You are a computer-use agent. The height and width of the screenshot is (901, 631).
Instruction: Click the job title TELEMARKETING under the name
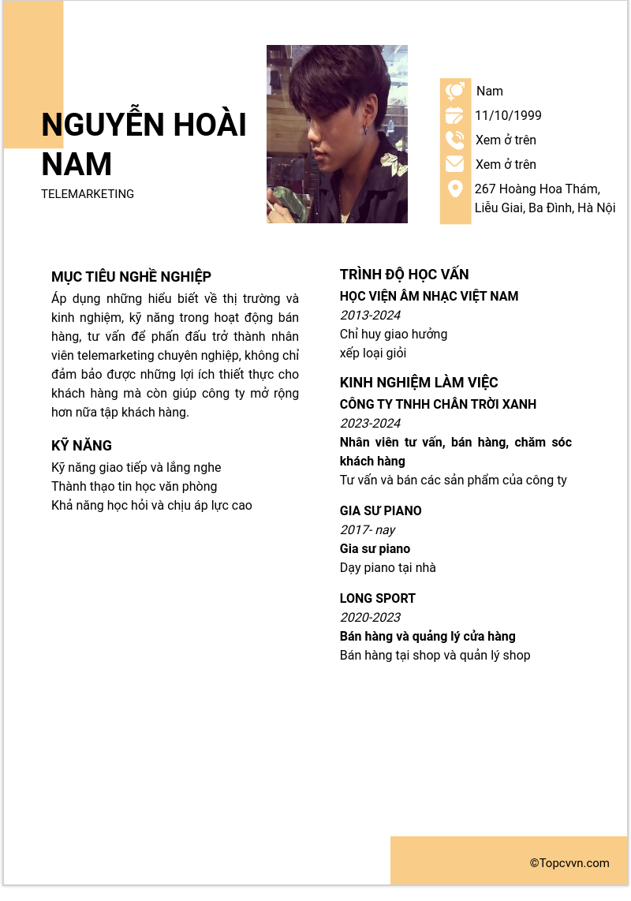pyautogui.click(x=88, y=194)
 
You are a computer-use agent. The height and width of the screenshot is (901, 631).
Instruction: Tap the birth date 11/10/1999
pyautogui.click(x=508, y=116)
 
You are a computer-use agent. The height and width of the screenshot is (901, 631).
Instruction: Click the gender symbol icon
pyautogui.click(x=455, y=92)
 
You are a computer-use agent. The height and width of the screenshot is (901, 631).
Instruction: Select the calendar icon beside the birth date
pyautogui.click(x=455, y=116)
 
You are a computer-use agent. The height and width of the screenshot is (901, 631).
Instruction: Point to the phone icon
pyautogui.click(x=455, y=140)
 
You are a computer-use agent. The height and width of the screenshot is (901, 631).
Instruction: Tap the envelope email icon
pyautogui.click(x=455, y=164)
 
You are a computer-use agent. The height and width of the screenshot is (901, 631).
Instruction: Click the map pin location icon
pyautogui.click(x=455, y=189)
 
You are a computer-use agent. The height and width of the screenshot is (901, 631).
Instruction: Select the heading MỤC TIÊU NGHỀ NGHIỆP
pyautogui.click(x=131, y=277)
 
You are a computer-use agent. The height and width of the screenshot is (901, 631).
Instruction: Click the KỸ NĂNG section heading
pyautogui.click(x=81, y=446)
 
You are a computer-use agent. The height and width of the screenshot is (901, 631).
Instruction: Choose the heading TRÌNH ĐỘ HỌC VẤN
pyautogui.click(x=404, y=275)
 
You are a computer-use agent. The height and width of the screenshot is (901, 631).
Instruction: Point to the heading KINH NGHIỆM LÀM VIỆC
pyautogui.click(x=419, y=383)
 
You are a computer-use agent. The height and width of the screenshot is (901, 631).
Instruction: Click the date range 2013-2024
pyautogui.click(x=370, y=316)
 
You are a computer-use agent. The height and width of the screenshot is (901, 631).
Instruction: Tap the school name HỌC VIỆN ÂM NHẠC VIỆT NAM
pyautogui.click(x=429, y=297)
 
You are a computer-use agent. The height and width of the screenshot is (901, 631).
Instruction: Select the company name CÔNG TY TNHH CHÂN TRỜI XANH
pyautogui.click(x=438, y=405)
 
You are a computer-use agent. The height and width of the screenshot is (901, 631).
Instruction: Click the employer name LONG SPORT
pyautogui.click(x=377, y=599)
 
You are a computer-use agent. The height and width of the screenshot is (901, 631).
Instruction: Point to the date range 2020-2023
pyautogui.click(x=370, y=618)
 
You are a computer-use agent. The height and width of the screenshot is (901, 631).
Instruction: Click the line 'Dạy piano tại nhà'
pyautogui.click(x=387, y=568)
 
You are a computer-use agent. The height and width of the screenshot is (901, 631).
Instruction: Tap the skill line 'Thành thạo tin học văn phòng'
pyautogui.click(x=134, y=487)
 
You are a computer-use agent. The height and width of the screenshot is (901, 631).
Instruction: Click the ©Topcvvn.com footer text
pyautogui.click(x=569, y=863)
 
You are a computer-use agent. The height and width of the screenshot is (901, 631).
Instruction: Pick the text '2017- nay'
pyautogui.click(x=368, y=530)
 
